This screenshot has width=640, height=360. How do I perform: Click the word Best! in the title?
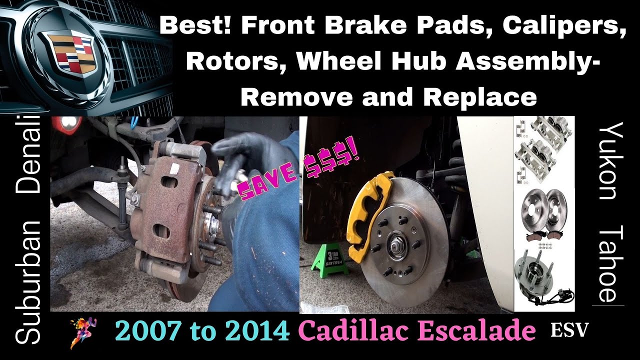pyautogui.click(x=196, y=26)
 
